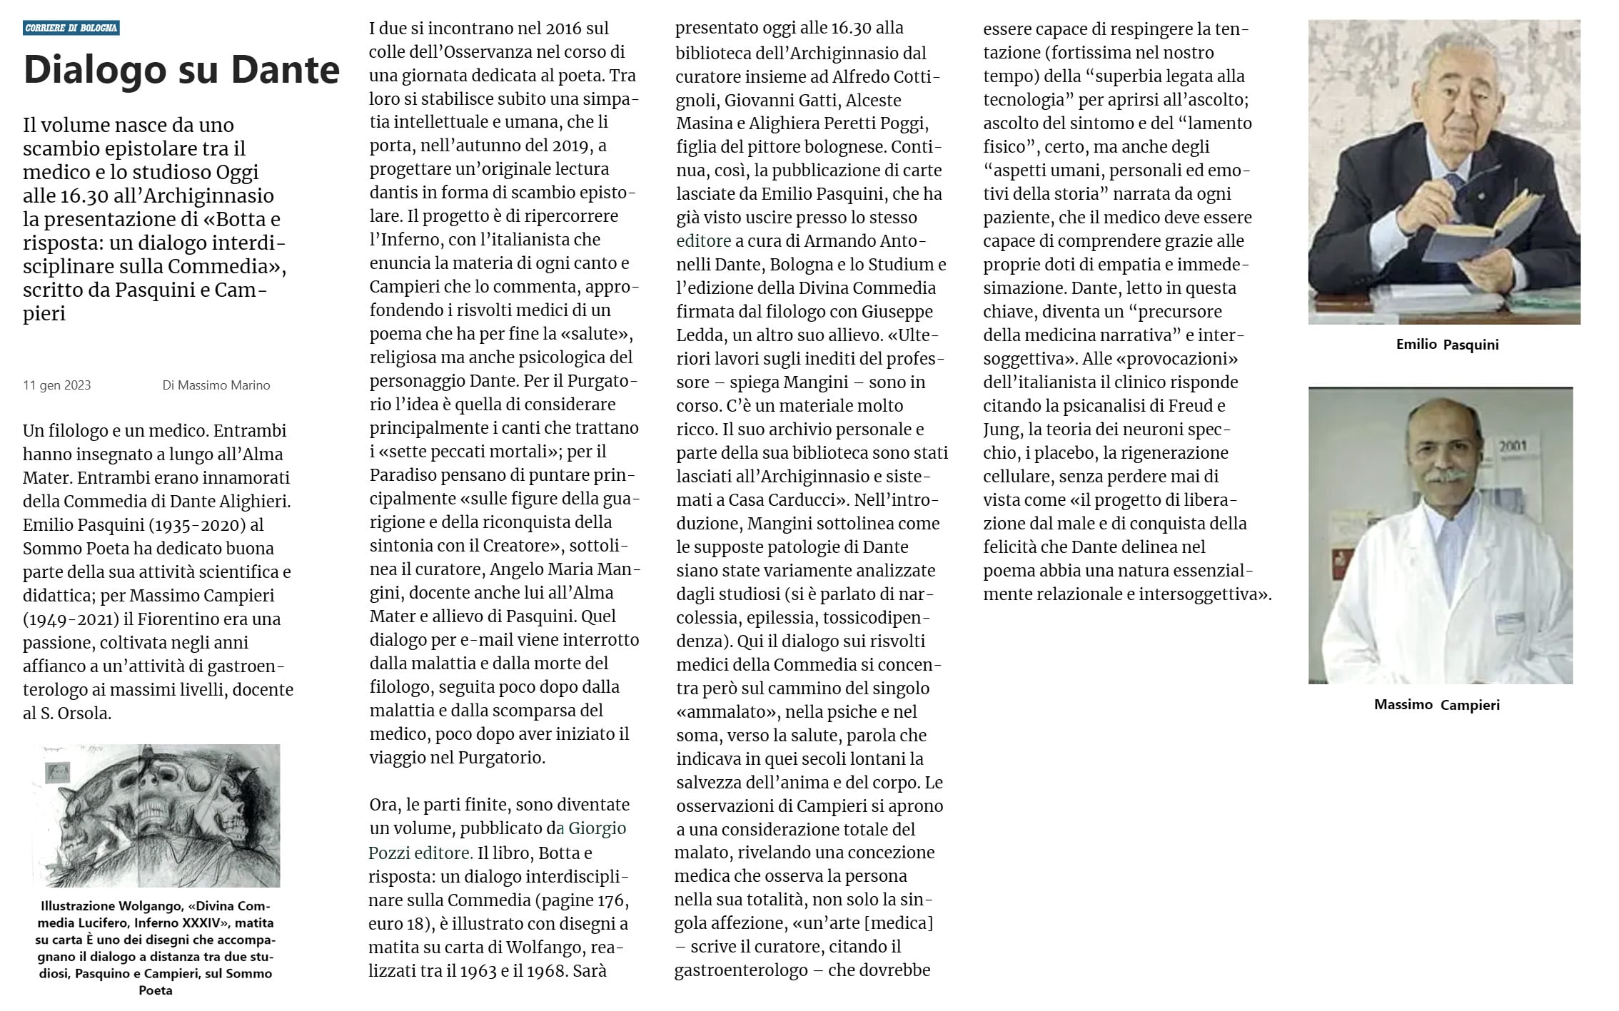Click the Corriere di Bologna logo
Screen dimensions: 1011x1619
(x=71, y=28)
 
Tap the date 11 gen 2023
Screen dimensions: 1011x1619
(x=56, y=385)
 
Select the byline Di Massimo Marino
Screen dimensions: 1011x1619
(x=216, y=385)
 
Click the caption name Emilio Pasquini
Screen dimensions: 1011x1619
(x=1447, y=345)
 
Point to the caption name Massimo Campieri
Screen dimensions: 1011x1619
(x=1436, y=705)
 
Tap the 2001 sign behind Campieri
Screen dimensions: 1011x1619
(x=1513, y=446)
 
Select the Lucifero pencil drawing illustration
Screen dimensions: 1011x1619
(x=156, y=816)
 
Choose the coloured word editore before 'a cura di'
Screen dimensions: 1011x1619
(x=703, y=241)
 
